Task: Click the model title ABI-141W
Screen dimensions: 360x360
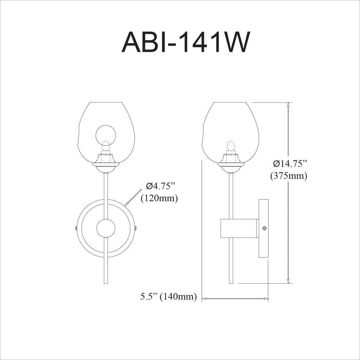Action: (x=185, y=42)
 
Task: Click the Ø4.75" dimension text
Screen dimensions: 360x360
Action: (x=160, y=186)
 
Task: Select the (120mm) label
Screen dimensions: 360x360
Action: (x=159, y=198)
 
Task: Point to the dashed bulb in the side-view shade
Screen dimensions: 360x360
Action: (x=231, y=147)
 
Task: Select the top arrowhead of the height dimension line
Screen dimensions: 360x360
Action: (x=288, y=105)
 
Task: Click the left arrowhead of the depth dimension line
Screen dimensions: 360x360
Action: (x=204, y=298)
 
